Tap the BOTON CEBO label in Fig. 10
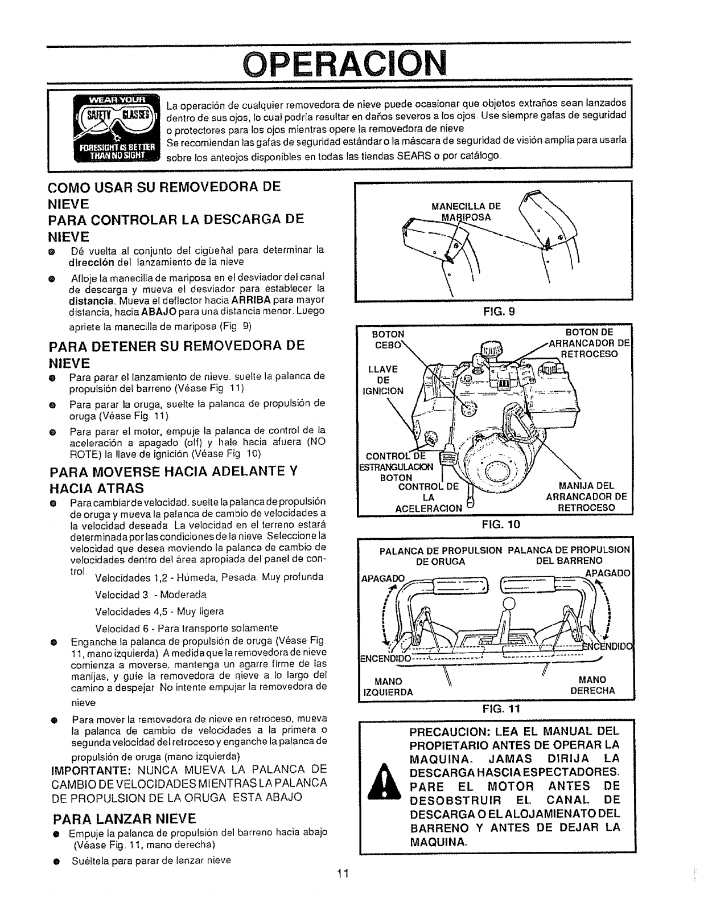point(387,339)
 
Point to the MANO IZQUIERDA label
point(388,686)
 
